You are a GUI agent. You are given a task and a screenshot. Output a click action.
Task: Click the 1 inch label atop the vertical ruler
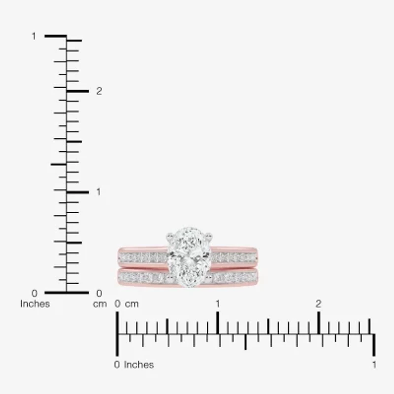[x=33, y=36]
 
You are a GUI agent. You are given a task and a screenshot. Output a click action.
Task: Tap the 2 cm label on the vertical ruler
[x=99, y=91]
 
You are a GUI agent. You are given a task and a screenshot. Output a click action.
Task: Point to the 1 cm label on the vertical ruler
[x=98, y=192]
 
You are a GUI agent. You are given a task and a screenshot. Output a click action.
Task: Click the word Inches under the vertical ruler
[x=35, y=304]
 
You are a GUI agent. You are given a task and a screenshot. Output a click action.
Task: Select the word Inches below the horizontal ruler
[x=139, y=365]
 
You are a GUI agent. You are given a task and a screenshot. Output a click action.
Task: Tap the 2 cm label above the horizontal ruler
[x=319, y=304]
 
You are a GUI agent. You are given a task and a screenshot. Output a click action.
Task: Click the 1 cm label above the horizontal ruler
[x=218, y=304]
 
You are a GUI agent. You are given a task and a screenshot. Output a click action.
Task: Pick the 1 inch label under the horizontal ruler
[x=374, y=365]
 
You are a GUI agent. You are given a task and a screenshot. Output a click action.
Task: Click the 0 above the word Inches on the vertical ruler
[x=33, y=294]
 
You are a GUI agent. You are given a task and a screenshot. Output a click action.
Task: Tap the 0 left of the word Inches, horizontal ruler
[x=117, y=365]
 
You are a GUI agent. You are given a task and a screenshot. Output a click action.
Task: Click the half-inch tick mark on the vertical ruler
[x=58, y=164]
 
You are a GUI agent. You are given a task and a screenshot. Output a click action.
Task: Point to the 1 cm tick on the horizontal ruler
[x=218, y=323]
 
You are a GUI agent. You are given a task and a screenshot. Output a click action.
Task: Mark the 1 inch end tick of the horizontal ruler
[x=374, y=344]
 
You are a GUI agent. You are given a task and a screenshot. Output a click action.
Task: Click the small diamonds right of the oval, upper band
[x=234, y=258]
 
